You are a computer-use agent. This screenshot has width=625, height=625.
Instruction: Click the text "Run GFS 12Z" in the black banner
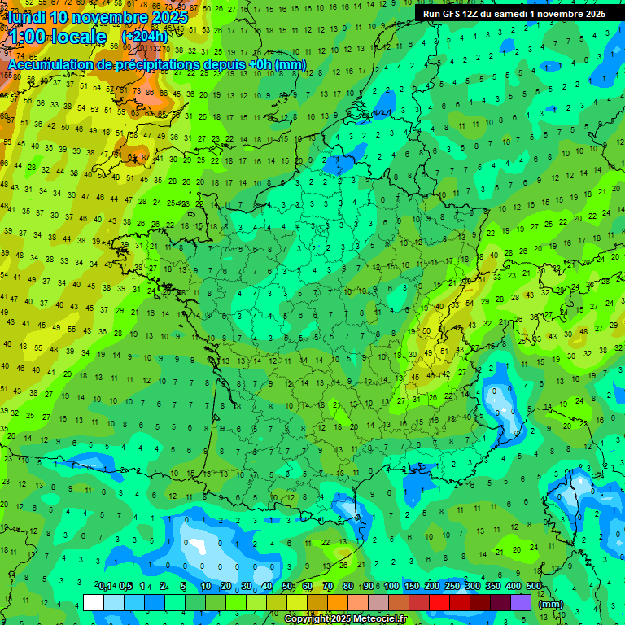pyautogui.click(x=450, y=14)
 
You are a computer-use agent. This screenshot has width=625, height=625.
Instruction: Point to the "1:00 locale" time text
pyautogui.click(x=57, y=37)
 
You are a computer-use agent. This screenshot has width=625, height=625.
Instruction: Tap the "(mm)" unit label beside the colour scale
pyautogui.click(x=551, y=603)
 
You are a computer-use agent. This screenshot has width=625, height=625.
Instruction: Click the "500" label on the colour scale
pyautogui.click(x=534, y=587)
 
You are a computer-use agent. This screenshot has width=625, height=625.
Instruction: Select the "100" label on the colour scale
pyautogui.click(x=391, y=587)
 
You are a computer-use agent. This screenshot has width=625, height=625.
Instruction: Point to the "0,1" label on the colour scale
pyautogui.click(x=105, y=587)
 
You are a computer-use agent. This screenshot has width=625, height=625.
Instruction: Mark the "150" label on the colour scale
pyautogui.click(x=412, y=587)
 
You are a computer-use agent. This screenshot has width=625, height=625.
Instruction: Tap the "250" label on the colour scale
pyautogui.click(x=452, y=587)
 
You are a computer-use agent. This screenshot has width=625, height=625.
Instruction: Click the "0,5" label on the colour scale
pyautogui.click(x=125, y=587)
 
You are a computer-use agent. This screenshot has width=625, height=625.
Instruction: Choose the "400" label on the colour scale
pyautogui.click(x=514, y=587)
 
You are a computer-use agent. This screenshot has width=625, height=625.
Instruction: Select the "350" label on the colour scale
pyautogui.click(x=493, y=587)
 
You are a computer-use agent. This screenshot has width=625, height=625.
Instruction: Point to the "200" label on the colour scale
pyautogui.click(x=432, y=587)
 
